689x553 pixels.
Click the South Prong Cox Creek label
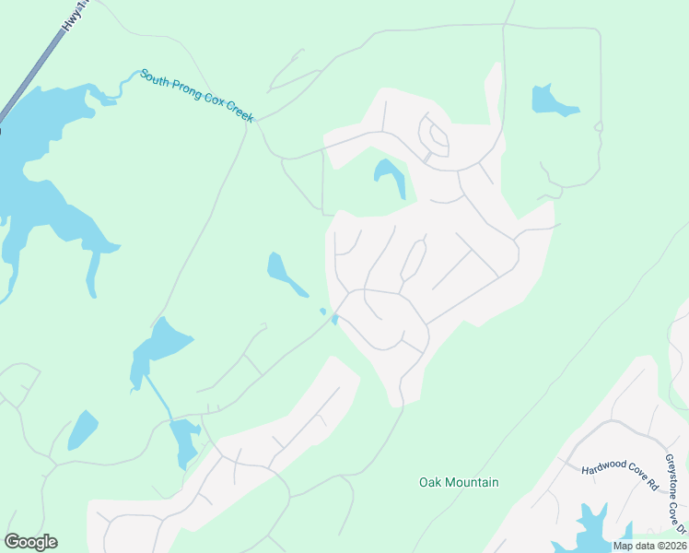point(196,96)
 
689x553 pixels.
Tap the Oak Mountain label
point(459,482)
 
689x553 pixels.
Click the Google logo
point(30,542)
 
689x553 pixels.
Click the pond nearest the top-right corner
point(551,101)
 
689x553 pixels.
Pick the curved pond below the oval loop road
point(390,174)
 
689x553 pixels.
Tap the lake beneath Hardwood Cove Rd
point(594,527)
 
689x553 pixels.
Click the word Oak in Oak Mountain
point(430,482)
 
